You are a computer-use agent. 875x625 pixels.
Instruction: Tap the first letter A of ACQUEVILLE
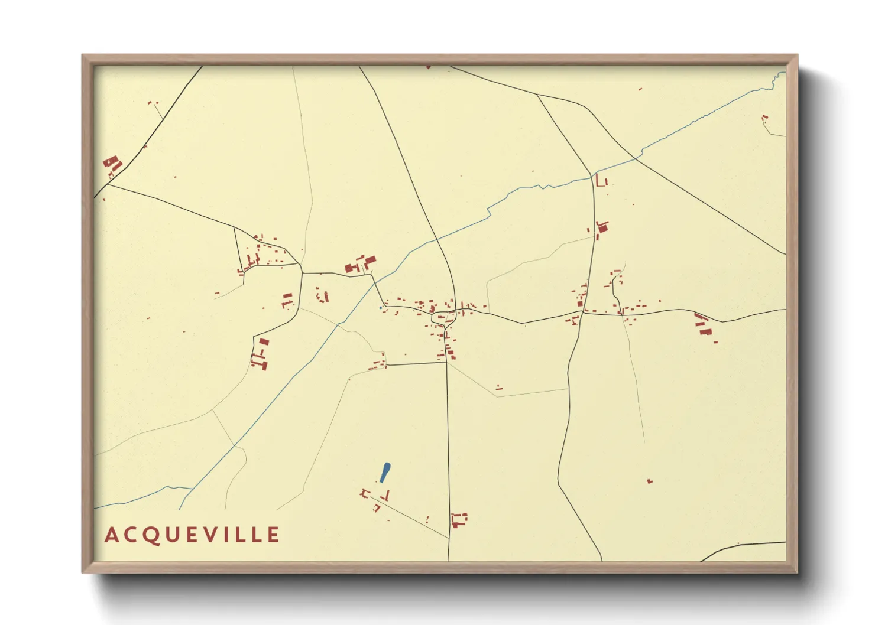(111, 535)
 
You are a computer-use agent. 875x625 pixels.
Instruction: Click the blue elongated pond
(385, 472)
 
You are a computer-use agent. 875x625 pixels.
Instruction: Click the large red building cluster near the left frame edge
(112, 164)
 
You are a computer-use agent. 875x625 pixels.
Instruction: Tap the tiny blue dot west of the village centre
(380, 307)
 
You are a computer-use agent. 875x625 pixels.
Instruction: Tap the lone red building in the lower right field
(650, 481)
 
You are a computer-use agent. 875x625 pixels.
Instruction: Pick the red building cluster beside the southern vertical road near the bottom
(459, 520)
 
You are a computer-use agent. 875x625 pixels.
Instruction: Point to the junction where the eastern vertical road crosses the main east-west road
(582, 312)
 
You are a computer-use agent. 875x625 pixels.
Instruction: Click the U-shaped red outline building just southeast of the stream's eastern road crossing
(601, 181)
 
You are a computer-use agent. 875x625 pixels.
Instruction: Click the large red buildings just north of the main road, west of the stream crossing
(361, 264)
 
